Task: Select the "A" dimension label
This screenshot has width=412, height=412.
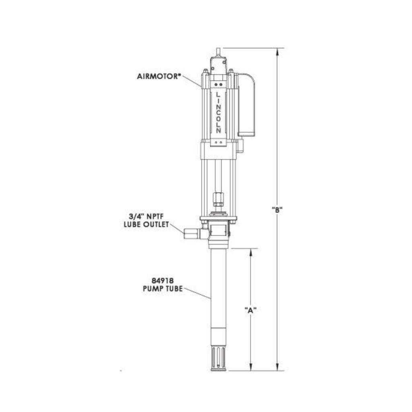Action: (x=250, y=310)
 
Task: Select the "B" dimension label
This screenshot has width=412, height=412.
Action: (x=277, y=209)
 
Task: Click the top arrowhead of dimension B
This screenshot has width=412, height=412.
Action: (x=277, y=51)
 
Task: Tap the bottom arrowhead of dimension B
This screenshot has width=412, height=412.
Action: (x=277, y=367)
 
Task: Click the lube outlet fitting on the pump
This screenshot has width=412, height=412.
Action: (x=191, y=233)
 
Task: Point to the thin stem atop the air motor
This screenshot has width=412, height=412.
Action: (x=218, y=51)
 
